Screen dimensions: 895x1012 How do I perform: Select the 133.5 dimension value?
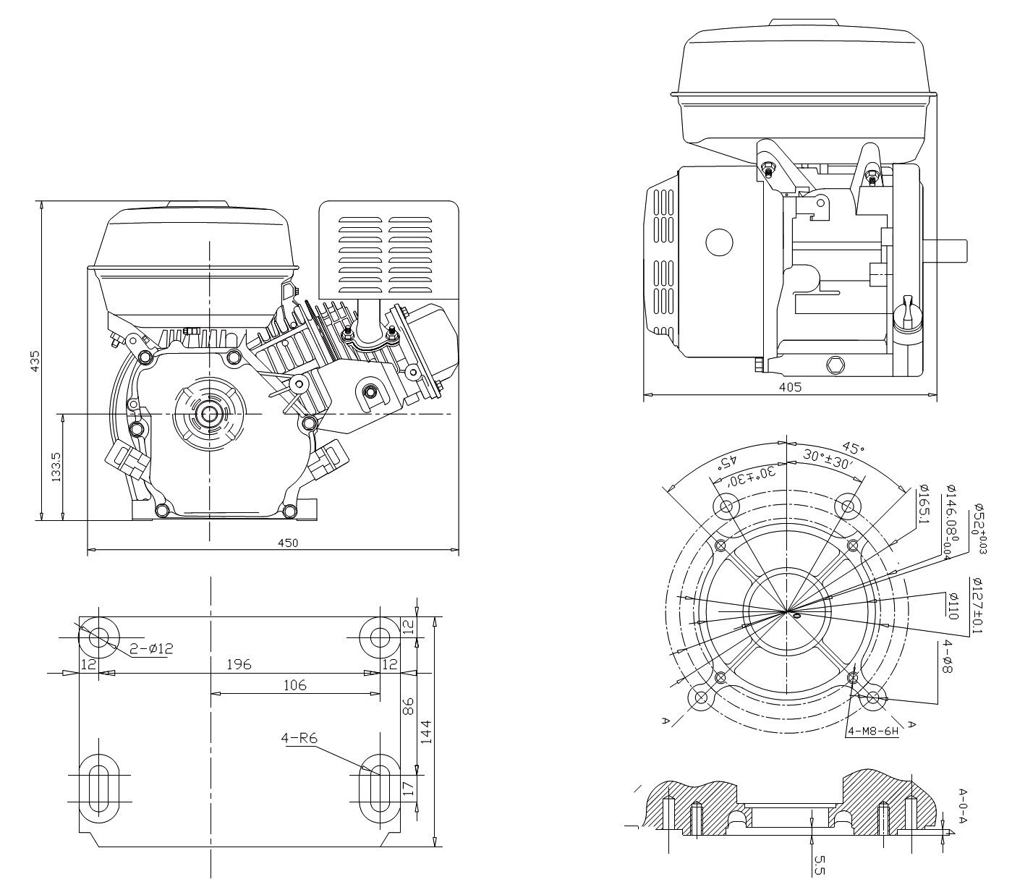coord(56,467)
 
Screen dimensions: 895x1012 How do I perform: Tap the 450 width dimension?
coord(288,543)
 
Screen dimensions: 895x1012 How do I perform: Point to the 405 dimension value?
coord(790,387)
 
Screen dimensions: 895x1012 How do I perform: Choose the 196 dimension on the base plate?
coord(238,664)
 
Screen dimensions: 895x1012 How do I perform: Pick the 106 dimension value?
coord(294,684)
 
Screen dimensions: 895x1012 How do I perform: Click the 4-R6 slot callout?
coord(300,738)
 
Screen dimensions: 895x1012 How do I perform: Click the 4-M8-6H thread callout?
coord(873,731)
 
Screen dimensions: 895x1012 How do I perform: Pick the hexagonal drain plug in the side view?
coord(836,365)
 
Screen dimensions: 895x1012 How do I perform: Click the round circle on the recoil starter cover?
coord(719,242)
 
